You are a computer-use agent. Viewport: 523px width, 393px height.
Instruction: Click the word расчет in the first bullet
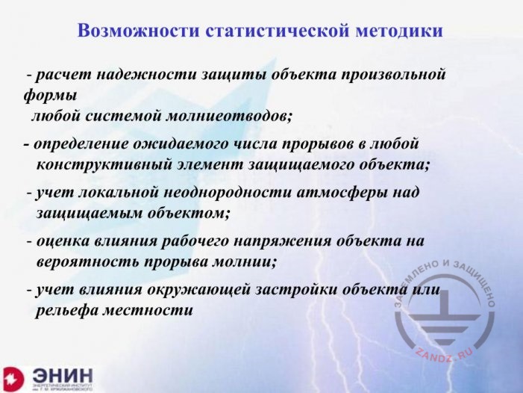[x=57, y=75]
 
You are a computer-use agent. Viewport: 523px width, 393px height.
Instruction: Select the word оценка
[x=61, y=241]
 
